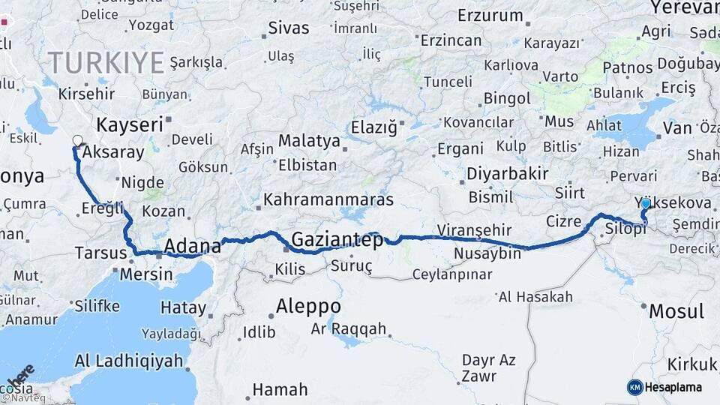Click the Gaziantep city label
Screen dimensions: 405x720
point(337,240)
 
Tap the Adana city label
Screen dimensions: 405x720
point(193,245)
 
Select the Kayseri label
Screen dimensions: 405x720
point(129,124)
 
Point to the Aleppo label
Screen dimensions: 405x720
point(308,307)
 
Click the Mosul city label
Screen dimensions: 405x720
point(676,311)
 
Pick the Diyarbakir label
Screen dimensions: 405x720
point(508,174)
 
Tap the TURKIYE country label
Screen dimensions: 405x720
point(105,62)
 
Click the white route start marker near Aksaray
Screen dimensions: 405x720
point(77,140)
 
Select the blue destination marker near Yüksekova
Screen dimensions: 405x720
point(645,203)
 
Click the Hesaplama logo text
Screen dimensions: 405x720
point(673,387)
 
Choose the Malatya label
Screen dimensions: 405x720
point(309,141)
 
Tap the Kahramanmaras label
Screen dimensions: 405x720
point(329,201)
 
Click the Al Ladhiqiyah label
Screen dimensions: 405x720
point(128,361)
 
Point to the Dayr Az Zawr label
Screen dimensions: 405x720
point(488,367)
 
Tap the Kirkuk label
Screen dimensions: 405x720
point(692,364)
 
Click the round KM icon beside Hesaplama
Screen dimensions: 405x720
point(635,387)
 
